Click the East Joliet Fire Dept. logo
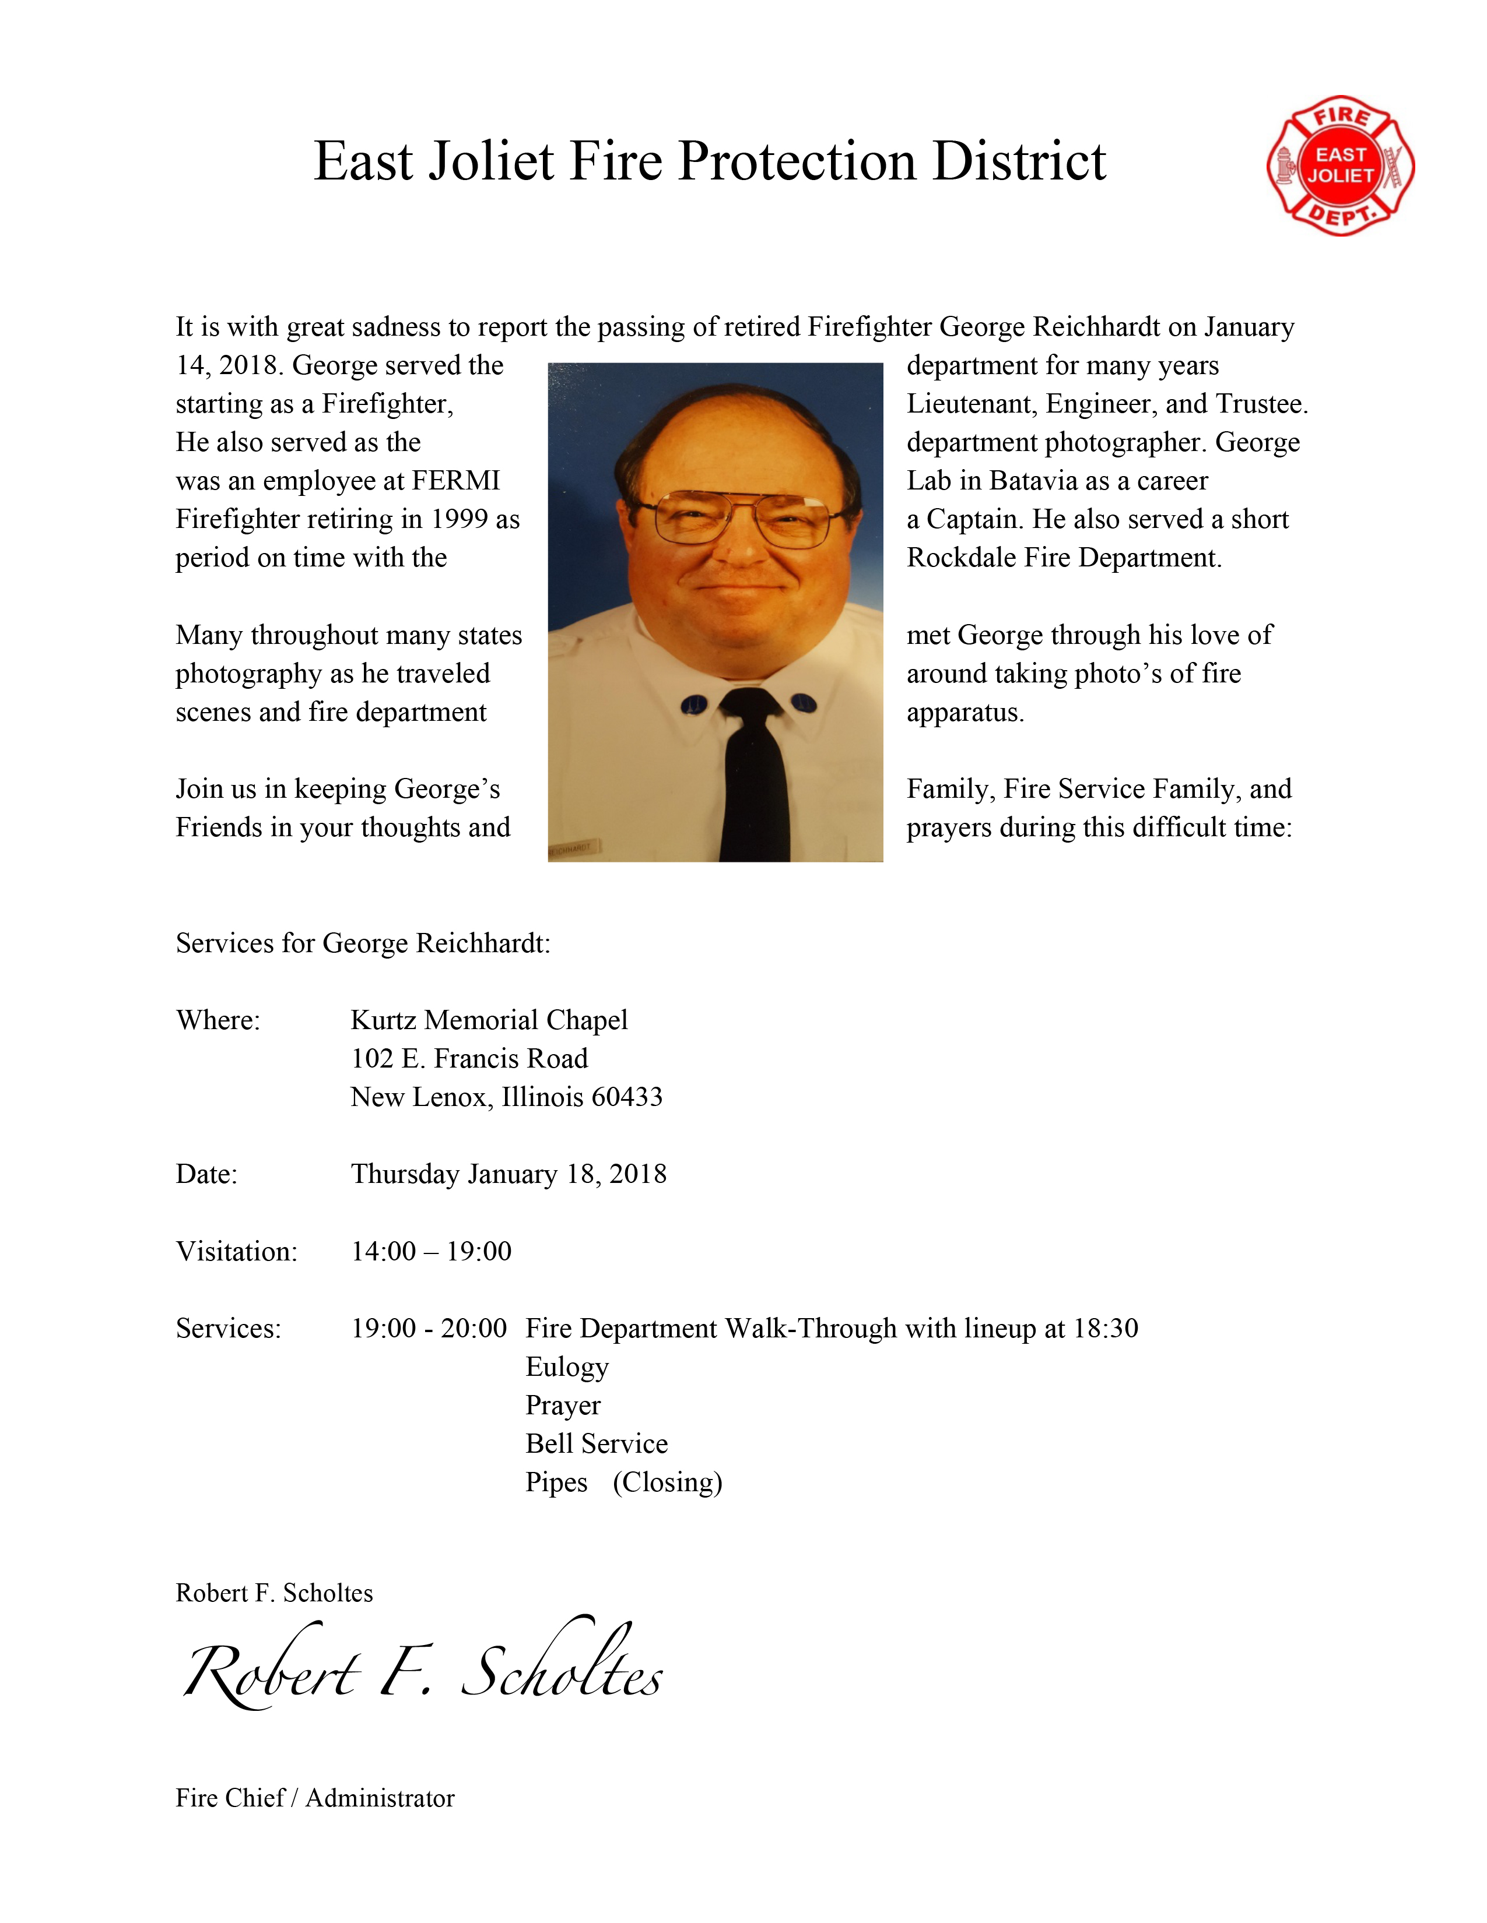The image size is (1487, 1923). point(1340,165)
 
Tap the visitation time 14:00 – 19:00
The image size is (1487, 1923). point(431,1251)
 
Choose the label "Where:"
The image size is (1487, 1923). point(218,1020)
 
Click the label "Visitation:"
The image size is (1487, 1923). point(236,1251)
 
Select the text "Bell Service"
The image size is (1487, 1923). point(597,1444)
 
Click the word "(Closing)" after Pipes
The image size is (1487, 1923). point(667,1483)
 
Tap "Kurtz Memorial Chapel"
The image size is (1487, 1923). point(489,1020)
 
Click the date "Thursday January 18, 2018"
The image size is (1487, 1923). point(508,1175)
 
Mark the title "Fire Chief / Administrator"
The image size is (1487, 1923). point(314,1798)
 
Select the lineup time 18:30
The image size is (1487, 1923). point(1106,1328)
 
